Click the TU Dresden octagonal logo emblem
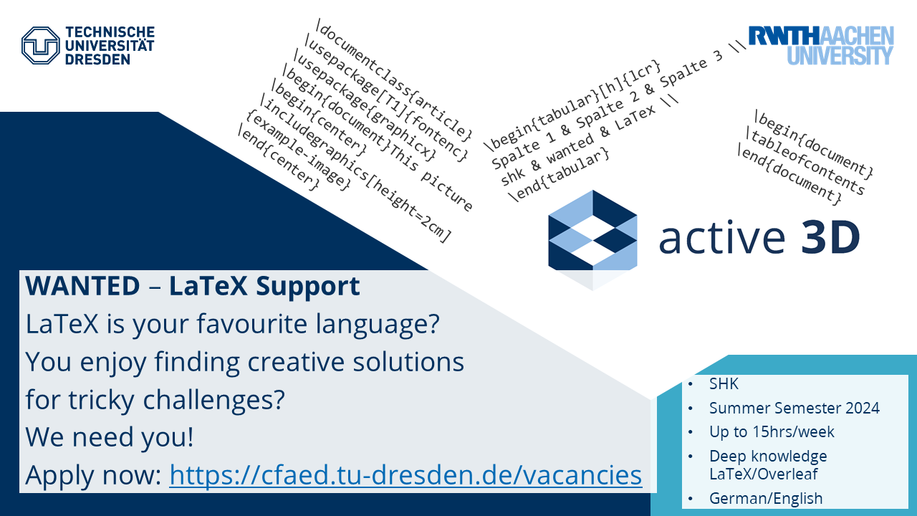(41, 45)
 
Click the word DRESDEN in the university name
(97, 59)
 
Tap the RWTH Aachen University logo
(821, 45)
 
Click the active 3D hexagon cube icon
(592, 240)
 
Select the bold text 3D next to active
(830, 237)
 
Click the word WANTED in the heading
(82, 285)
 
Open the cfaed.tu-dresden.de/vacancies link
(405, 474)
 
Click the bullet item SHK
(724, 383)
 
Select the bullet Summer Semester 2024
(794, 408)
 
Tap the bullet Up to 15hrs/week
(772, 431)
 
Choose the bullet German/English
(766, 498)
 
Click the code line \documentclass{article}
(394, 78)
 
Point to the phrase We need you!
(110, 437)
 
